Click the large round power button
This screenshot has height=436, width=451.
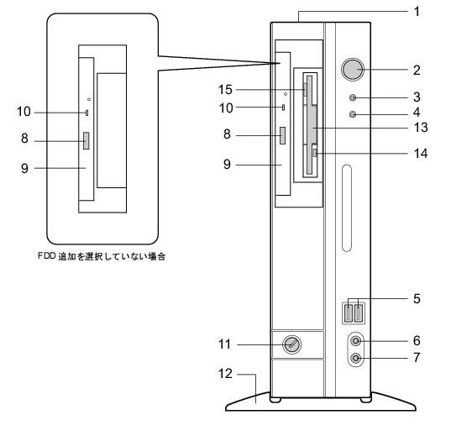[x=353, y=70]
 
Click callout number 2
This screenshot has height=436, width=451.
[x=417, y=71]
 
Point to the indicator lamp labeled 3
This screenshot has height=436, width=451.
[x=353, y=97]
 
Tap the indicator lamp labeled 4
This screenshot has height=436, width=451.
[x=353, y=114]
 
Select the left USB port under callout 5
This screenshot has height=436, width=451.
[x=349, y=313]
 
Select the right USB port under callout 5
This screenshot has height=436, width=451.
[x=359, y=313]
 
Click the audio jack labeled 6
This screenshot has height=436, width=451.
[x=356, y=341]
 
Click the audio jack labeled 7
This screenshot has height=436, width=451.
[x=356, y=359]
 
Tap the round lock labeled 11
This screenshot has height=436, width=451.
[x=292, y=344]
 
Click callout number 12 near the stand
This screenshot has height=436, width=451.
[x=225, y=374]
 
